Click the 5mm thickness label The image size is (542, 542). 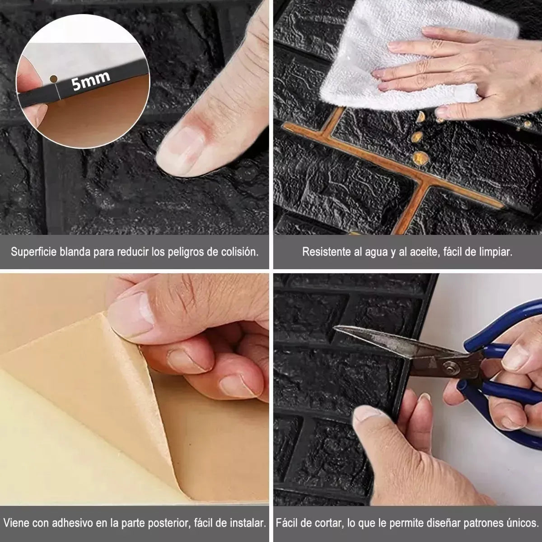tap(90, 81)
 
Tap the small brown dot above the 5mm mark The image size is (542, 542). tap(53, 79)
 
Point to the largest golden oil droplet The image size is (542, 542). tap(421, 158)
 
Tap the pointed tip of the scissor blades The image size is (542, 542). tap(335, 327)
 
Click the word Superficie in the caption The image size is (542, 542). tap(34, 252)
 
